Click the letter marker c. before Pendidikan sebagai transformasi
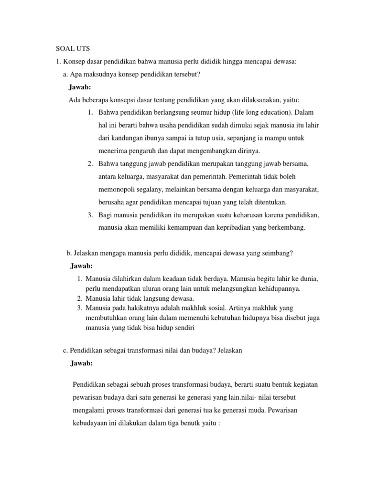point(65,350)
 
